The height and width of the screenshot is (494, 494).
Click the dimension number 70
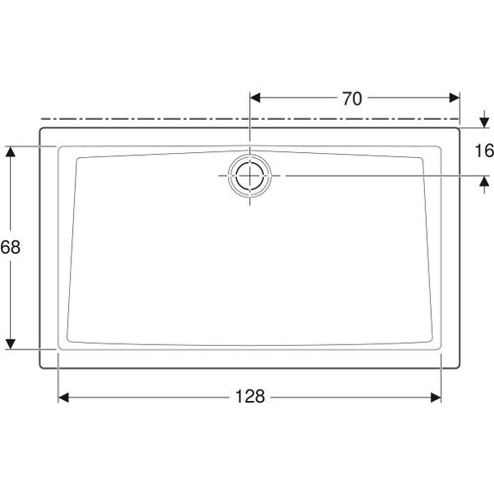coord(352,98)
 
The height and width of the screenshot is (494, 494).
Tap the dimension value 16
coord(483,150)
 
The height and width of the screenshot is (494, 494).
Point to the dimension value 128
coord(251,396)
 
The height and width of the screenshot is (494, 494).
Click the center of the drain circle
coord(250,175)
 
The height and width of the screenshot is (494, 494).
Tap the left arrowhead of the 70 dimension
coord(256,98)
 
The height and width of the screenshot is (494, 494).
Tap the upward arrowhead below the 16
coord(483,181)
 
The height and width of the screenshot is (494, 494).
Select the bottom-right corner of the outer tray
coord(460,367)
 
